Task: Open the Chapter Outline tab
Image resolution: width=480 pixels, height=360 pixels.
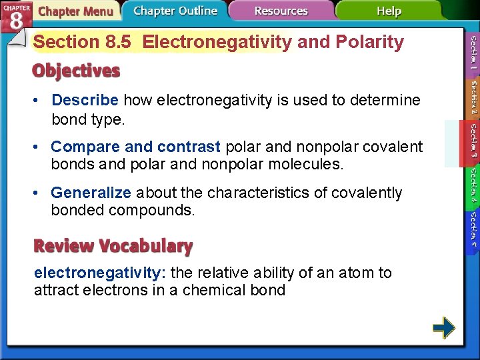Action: (175, 11)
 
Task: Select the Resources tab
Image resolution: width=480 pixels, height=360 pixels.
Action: (281, 11)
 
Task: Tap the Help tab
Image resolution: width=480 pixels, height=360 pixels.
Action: (389, 11)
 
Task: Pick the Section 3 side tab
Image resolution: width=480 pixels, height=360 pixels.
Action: (471, 144)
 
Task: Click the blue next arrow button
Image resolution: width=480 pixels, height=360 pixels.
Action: (443, 327)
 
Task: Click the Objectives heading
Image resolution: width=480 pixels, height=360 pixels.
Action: (77, 71)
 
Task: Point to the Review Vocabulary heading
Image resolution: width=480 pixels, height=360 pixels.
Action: (113, 246)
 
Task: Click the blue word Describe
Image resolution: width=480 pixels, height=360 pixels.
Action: (85, 100)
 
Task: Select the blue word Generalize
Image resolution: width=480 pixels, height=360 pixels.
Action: (91, 193)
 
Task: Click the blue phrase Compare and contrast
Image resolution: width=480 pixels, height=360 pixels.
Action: (135, 146)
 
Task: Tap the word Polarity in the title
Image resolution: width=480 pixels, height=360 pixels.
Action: (371, 42)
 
